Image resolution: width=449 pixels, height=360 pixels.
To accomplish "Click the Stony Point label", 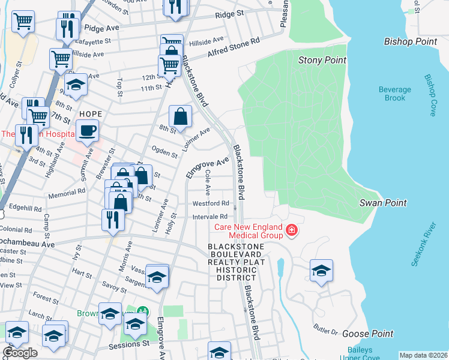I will click(322, 60).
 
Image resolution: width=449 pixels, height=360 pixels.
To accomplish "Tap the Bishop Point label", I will click(411, 41).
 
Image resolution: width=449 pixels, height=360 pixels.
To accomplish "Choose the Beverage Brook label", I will click(394, 94).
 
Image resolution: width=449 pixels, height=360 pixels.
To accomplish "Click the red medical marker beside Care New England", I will click(292, 231).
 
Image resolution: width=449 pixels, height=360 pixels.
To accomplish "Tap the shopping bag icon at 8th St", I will click(180, 116).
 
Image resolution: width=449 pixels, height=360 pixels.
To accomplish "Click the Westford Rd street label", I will click(211, 203).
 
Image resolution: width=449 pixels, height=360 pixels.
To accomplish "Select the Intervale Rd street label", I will click(210, 216).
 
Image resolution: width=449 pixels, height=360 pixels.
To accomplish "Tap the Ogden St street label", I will click(164, 152).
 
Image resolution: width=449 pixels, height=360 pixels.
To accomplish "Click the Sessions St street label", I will click(128, 345).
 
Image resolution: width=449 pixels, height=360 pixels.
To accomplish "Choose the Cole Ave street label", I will click(208, 182).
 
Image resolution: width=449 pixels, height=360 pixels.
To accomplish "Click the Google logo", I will click(20, 353).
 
